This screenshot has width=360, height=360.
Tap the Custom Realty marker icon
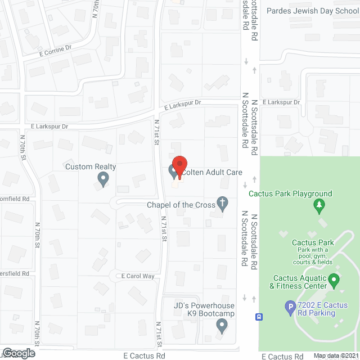click(102, 179)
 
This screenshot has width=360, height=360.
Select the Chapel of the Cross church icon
click(223, 203)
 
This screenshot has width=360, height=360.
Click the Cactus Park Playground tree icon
click(320, 205)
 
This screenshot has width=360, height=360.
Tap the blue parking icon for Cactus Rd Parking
click(290, 307)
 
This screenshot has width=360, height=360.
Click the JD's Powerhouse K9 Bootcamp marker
click(222, 325)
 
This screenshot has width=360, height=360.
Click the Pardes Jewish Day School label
click(312, 11)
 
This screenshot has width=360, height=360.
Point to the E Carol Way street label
click(138, 276)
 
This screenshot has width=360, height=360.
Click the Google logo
click(19, 353)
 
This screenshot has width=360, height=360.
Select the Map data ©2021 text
click(335, 355)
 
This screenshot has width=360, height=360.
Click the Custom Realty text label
click(91, 166)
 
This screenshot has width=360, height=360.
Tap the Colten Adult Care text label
click(214, 172)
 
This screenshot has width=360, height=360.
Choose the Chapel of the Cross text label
click(180, 205)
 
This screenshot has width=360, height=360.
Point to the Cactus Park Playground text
click(291, 194)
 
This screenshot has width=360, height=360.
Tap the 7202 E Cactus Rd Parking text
click(324, 308)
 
